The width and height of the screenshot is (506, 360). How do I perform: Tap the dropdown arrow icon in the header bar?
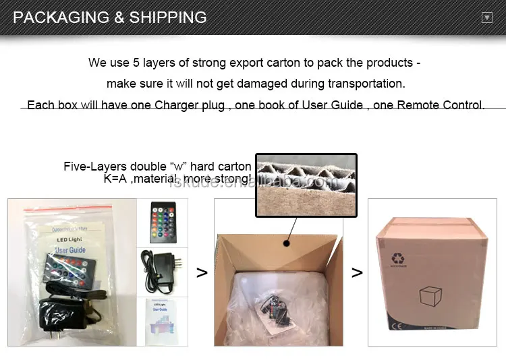pyautogui.click(x=486, y=18)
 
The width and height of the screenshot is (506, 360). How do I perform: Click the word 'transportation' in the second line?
pyautogui.click(x=366, y=84)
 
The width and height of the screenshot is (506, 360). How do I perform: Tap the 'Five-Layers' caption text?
pyautogui.click(x=90, y=167)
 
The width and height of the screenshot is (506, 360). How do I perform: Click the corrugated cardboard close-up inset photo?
pyautogui.click(x=306, y=185)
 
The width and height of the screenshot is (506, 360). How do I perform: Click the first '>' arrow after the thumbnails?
pyautogui.click(x=201, y=272)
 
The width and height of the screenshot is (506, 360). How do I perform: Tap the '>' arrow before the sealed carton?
pyautogui.click(x=357, y=272)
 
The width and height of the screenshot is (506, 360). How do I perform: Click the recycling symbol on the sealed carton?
pyautogui.click(x=395, y=258)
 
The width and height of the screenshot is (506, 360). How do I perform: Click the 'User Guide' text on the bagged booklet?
pyautogui.click(x=69, y=250)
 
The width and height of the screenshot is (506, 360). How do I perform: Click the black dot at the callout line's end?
pyautogui.click(x=287, y=241)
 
